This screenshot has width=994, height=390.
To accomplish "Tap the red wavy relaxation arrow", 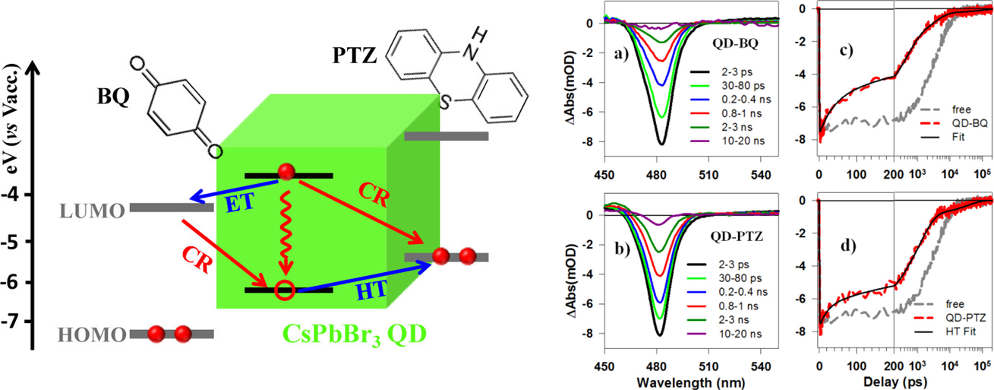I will point(286,228).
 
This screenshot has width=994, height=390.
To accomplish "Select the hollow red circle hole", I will point(285,290).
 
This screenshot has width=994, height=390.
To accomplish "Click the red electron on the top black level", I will point(287,172).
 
